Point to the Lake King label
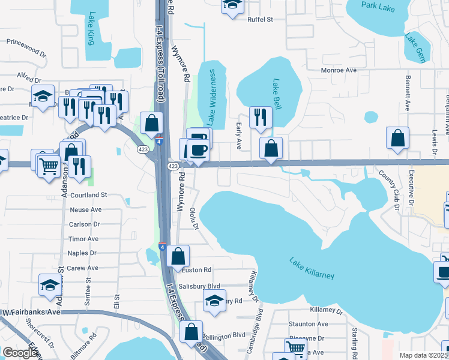pos(91,29)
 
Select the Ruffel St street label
pos(260,19)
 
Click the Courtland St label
pos(88,195)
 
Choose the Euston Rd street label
pos(199,270)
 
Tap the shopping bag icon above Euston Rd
pos(178,256)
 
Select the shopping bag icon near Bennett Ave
pos(397,138)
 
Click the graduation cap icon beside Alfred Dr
pos(43,96)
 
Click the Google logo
pos(20,353)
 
